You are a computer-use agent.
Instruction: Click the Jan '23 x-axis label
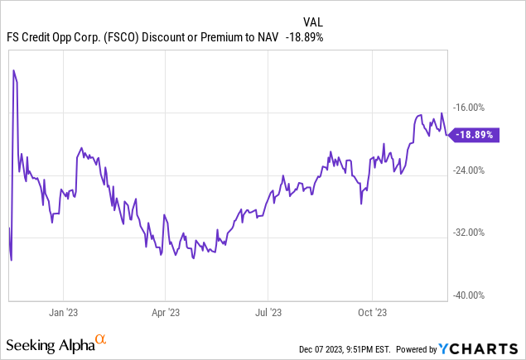64,312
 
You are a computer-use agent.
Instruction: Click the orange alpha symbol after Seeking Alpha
100,339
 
